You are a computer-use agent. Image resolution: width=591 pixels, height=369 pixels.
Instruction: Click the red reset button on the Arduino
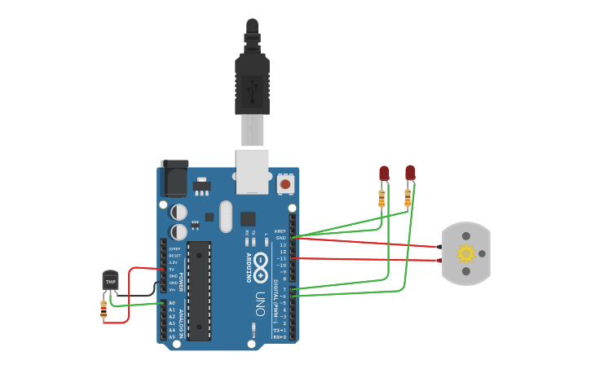(285, 184)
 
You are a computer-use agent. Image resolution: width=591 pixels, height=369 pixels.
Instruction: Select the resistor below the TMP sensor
(104, 308)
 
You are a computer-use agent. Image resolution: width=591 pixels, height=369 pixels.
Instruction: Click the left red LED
(384, 173)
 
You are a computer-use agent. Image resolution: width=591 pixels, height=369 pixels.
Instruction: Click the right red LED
(410, 173)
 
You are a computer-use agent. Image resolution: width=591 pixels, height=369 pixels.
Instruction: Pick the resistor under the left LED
(382, 197)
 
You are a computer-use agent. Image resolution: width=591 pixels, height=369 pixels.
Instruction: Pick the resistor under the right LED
(408, 198)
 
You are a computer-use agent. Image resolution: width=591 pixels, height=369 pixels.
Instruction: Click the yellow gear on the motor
(465, 253)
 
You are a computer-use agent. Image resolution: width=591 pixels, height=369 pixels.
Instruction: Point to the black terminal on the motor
(440, 246)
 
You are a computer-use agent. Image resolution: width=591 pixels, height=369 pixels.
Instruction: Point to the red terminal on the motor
(440, 261)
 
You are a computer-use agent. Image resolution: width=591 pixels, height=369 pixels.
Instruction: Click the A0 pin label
(172, 302)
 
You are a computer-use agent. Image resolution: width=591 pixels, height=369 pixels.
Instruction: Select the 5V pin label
(173, 269)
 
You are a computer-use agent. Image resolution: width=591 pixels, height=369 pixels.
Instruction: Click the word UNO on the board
(260, 302)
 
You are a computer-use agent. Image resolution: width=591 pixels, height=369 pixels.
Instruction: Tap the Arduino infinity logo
(260, 263)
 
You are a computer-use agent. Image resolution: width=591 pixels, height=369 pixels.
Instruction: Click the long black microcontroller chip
(199, 290)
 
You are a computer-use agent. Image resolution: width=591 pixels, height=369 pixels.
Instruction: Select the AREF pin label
(280, 231)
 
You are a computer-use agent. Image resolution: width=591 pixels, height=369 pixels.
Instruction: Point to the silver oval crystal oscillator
(226, 216)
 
